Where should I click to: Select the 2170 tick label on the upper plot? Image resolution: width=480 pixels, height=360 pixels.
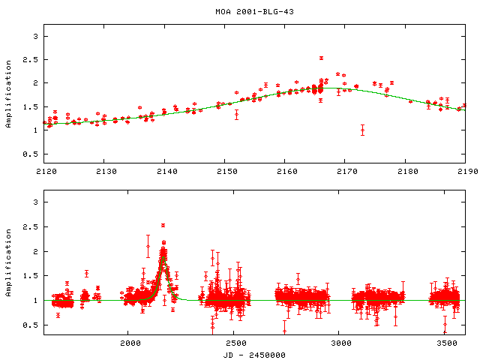point(348,172)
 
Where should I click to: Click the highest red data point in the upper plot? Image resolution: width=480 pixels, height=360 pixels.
point(321,58)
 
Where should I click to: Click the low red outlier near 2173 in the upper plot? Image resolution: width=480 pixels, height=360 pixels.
point(362,130)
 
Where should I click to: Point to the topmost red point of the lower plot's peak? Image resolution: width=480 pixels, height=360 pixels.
point(163,225)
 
